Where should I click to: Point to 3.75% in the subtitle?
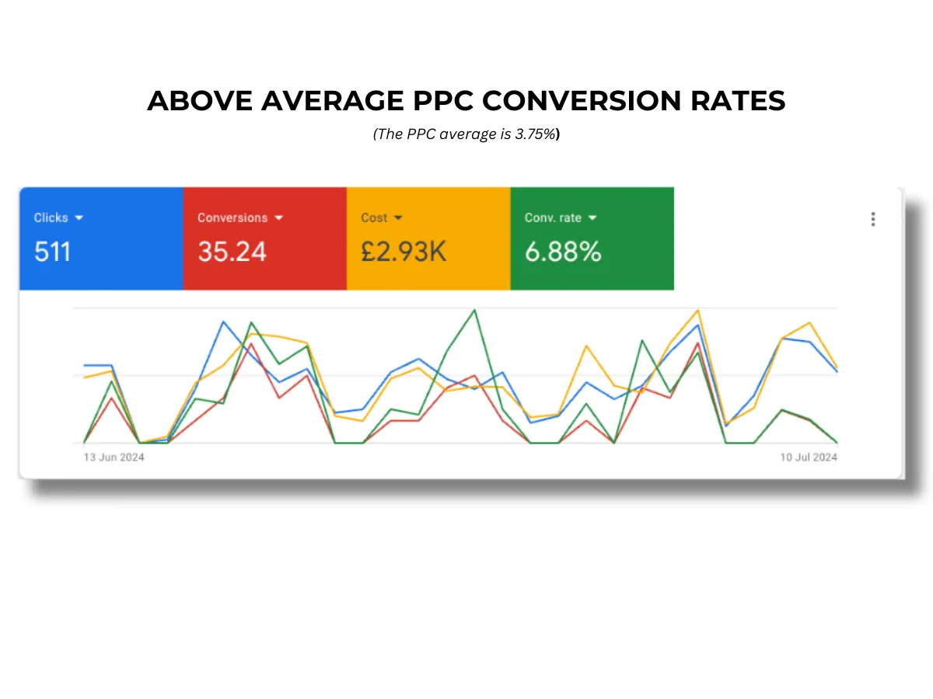536,134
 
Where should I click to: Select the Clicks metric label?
51,217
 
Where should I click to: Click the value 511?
52,252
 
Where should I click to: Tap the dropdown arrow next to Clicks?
79,218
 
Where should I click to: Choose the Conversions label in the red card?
232,217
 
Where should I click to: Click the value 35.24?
232,252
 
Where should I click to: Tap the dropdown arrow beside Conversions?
279,218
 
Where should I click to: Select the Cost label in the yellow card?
374,217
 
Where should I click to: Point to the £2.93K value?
404,252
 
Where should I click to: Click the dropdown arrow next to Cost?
398,218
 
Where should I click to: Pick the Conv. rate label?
553,217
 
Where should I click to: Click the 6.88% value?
563,252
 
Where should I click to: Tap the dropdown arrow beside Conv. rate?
592,218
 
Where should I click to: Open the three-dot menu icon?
873,219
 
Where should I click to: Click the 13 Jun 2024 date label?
114,457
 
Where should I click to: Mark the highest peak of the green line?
474,310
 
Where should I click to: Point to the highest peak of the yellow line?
698,311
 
